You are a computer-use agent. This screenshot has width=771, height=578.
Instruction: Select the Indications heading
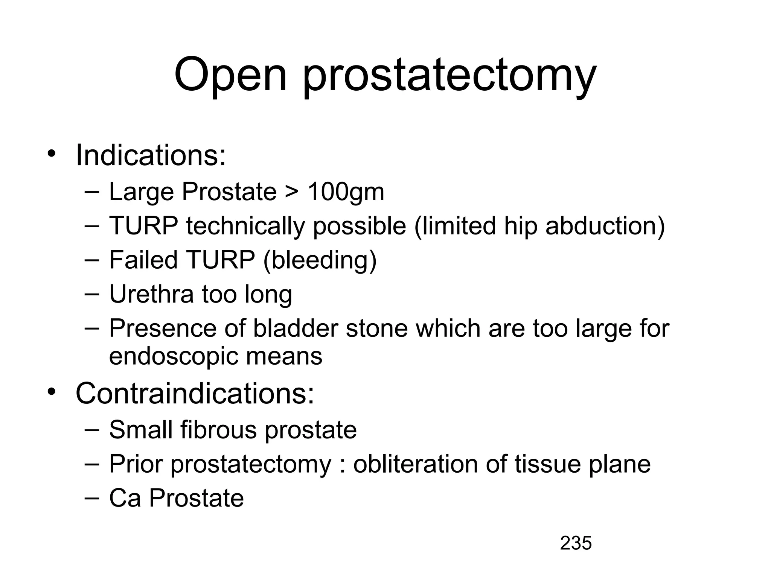pos(151,155)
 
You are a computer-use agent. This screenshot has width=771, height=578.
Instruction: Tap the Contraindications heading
pos(195,393)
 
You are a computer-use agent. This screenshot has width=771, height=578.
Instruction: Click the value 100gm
pos(346,192)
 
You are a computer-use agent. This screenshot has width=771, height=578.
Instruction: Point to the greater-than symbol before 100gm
pos(292,192)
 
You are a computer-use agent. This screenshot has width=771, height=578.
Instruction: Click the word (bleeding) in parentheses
pos(320,260)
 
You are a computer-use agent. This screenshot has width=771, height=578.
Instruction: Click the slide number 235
pos(576,543)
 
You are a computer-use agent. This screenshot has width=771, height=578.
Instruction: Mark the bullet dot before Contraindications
pos(51,392)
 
